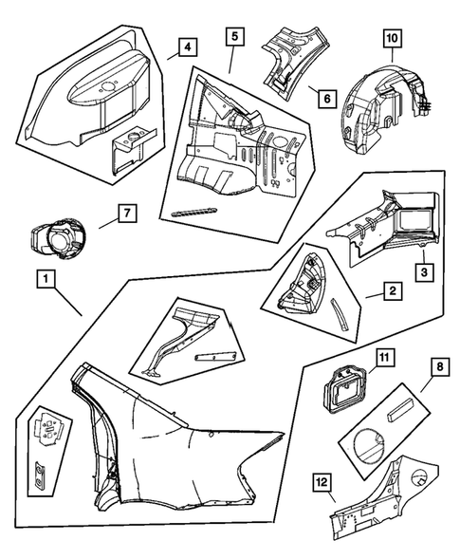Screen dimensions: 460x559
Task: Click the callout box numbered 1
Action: coord(46,279)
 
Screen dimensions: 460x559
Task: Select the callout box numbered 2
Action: coord(393,291)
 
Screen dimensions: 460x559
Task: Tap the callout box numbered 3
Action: coord(424,272)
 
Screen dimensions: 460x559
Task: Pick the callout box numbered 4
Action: coord(188,47)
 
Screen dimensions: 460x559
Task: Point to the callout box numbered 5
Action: coord(235,37)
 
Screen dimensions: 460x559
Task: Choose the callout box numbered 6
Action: coord(327,98)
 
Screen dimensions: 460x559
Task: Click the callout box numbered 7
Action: coord(127,214)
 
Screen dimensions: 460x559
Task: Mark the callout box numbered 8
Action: coord(440,367)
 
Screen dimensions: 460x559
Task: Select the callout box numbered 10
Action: coord(392,39)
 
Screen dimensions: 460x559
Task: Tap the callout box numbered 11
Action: coord(385,358)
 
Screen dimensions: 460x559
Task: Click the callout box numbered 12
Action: coord(322,482)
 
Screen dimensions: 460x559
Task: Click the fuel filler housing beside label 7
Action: coord(58,238)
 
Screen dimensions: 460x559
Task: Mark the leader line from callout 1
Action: coord(68,302)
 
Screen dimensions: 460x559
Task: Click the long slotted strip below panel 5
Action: coord(194,212)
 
